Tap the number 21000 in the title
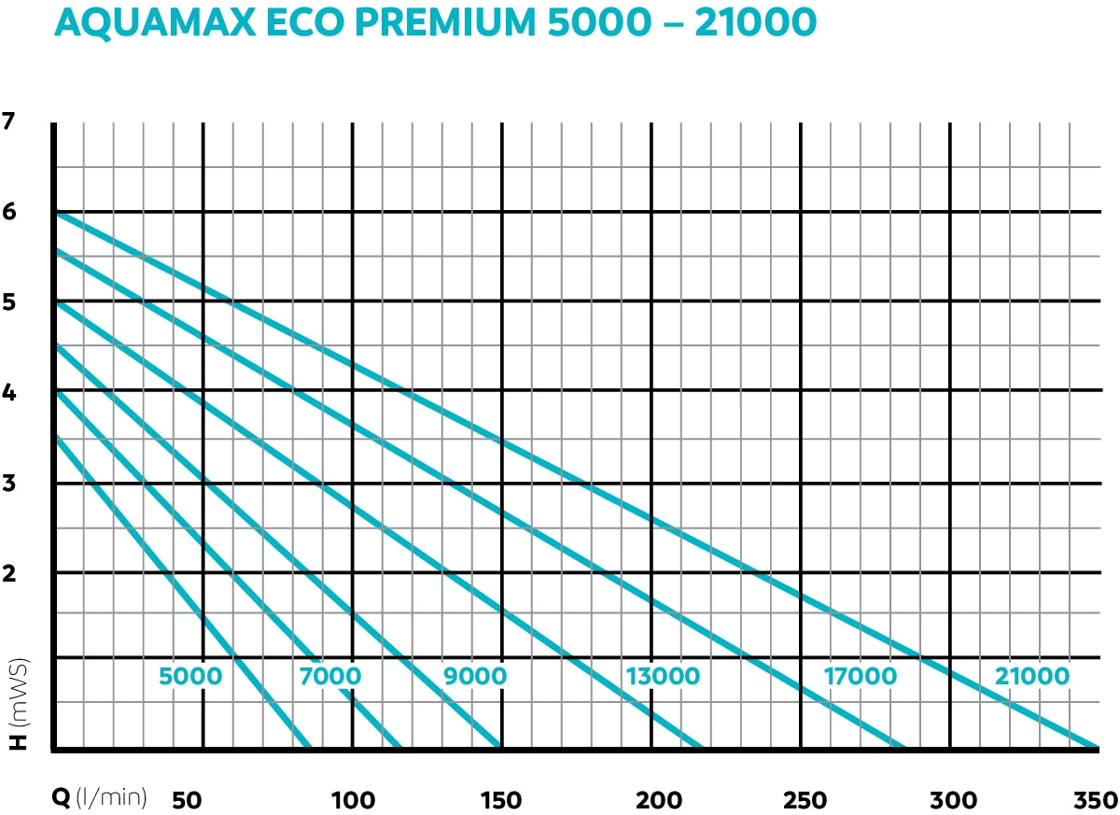(x=747, y=24)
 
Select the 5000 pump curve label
(x=190, y=676)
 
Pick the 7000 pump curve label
(x=330, y=676)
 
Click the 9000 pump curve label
(x=475, y=676)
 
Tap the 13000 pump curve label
(x=663, y=676)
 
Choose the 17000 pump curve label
(x=861, y=676)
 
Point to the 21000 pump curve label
(x=1031, y=676)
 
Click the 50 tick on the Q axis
(x=188, y=800)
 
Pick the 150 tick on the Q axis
(x=500, y=800)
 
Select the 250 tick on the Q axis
(x=805, y=800)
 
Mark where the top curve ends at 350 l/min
(x=1097, y=748)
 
